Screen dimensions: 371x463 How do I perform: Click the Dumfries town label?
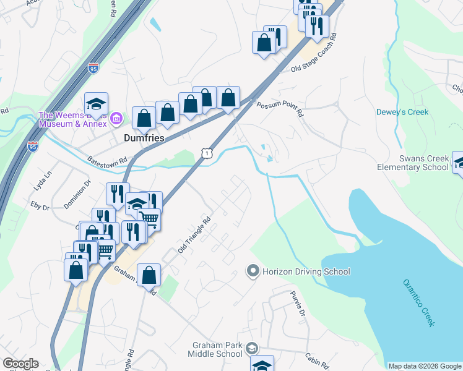click(143, 139)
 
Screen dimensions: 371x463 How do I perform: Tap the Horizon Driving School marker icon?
click(253, 271)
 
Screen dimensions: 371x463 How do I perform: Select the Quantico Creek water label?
click(420, 302)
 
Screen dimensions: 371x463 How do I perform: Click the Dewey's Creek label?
click(402, 112)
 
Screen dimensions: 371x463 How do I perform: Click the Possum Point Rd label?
click(280, 109)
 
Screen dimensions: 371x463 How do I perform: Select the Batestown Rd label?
click(106, 160)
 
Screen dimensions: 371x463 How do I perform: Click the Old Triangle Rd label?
click(194, 234)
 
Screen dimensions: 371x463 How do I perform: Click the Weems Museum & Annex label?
click(73, 119)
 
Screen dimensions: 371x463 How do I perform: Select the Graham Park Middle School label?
click(215, 349)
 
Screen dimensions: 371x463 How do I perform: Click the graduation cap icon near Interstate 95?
click(96, 103)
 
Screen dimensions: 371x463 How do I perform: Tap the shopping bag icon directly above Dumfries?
click(144, 117)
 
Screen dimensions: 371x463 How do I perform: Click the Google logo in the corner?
click(20, 364)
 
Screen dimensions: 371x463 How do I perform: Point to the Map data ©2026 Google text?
click(425, 366)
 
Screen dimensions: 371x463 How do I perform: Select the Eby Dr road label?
click(40, 205)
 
